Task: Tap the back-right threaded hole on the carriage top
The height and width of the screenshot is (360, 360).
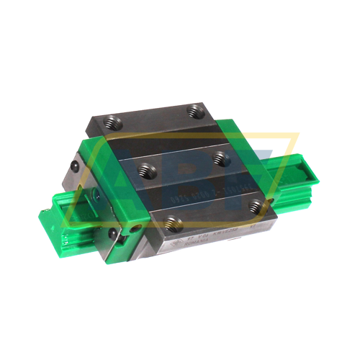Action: click(x=194, y=109)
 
